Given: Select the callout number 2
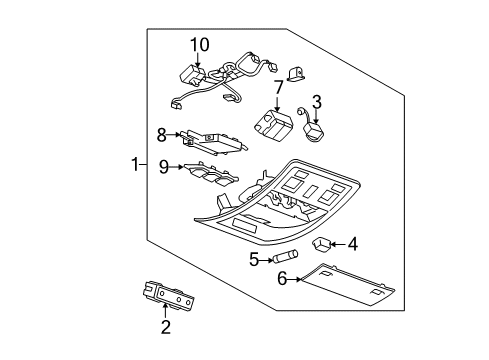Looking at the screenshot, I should coord(166,326).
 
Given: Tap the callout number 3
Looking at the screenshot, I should coord(316,101).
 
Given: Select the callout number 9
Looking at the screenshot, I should coord(162,167).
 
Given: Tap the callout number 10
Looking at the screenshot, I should coord(201,45).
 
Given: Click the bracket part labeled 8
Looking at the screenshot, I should coord(213,141).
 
